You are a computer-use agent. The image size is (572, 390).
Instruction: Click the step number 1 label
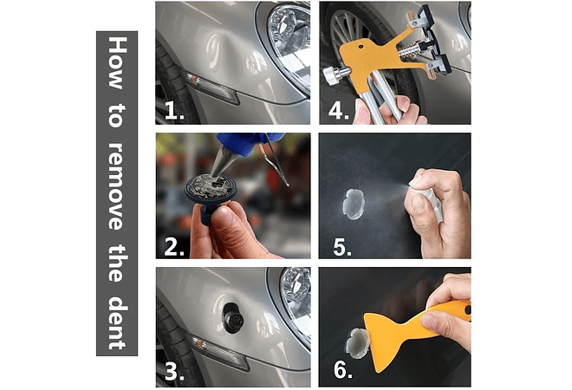click(x=174, y=110)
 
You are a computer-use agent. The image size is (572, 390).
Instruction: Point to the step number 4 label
click(x=339, y=110)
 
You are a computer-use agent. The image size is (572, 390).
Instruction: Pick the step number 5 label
click(x=342, y=247)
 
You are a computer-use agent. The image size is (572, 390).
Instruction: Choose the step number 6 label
click(x=343, y=369)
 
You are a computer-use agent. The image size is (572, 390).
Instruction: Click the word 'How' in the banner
click(x=118, y=62)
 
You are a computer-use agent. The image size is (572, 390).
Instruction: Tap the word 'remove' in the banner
click(x=118, y=186)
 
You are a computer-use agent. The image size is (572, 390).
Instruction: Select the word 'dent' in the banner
click(x=118, y=322)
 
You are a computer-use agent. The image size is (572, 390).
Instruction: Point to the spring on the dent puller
click(x=410, y=51)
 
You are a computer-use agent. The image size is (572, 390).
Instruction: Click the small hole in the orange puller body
click(x=361, y=47)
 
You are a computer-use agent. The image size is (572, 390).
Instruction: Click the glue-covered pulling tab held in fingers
click(x=211, y=187)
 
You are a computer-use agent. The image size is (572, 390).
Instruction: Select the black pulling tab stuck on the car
click(x=232, y=317)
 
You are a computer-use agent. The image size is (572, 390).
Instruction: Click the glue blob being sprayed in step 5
click(x=354, y=204)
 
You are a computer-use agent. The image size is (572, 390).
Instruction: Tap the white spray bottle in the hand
click(x=430, y=198)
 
